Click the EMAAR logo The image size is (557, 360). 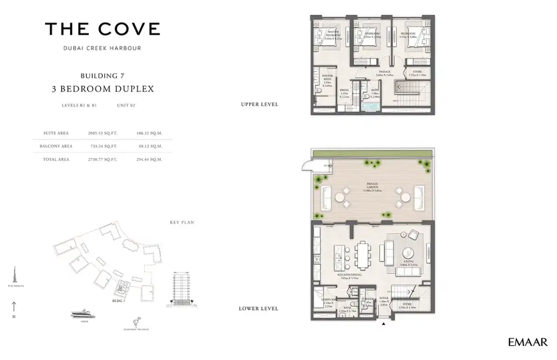pos(528,343)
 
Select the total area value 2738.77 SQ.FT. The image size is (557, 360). pos(103,159)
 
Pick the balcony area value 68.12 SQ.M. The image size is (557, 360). pos(150,146)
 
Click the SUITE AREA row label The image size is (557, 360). pos(56,133)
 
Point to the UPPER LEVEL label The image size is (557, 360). pos(259,105)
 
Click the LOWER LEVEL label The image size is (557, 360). pos(259,308)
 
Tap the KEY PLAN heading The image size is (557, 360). pos(181,223)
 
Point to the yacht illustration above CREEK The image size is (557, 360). pos(83,314)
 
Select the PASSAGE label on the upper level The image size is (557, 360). pos(385,72)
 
